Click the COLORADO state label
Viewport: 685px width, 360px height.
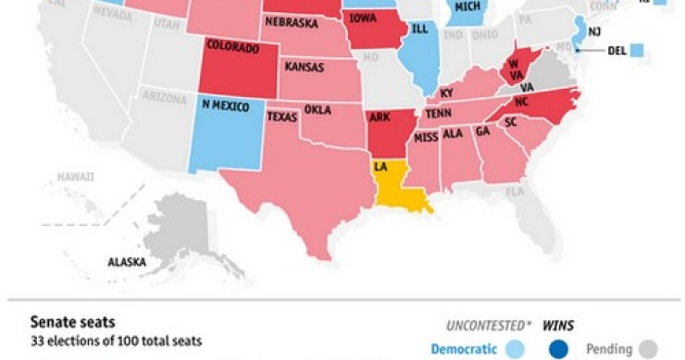coord(232,44)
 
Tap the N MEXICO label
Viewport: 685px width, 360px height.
coord(224,106)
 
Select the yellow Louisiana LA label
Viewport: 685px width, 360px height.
coord(380,167)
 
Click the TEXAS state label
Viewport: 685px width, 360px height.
coord(281,117)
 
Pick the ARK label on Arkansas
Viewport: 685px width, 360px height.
coord(380,117)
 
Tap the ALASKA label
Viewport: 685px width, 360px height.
coord(127,262)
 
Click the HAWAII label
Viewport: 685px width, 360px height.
coord(75,176)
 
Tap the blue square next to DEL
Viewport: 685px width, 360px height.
coord(636,50)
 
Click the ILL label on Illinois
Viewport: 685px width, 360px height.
coord(419,28)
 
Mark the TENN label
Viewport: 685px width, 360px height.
coord(439,112)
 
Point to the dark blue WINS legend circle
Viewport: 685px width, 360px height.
coord(558,350)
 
